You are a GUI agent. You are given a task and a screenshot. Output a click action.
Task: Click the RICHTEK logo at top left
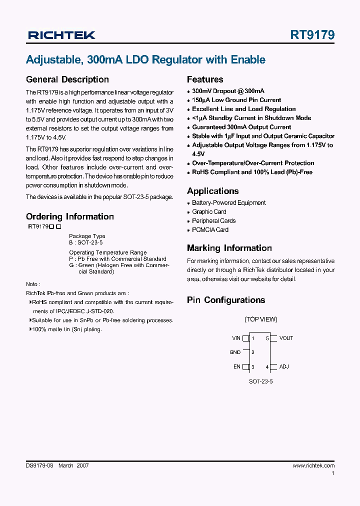[x=61, y=35]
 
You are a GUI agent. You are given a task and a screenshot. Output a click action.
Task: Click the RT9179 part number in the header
[x=312, y=35]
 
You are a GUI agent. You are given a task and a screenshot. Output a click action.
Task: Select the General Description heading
[x=67, y=79]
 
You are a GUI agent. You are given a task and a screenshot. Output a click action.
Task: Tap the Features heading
[x=205, y=79]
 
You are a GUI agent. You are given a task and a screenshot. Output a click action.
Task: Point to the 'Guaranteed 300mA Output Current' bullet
[x=241, y=127]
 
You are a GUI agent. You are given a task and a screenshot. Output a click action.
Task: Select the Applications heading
[x=212, y=191]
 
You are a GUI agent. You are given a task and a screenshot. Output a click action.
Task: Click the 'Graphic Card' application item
[x=209, y=212]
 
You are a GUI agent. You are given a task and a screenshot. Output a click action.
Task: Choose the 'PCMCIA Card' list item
[x=210, y=230]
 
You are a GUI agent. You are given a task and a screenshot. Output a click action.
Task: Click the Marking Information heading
[x=229, y=248]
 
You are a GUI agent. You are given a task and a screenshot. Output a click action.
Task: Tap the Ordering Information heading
[x=70, y=216]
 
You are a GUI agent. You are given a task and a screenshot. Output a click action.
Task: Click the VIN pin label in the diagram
[x=236, y=338]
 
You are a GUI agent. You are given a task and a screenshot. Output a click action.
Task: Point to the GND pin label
[x=235, y=352]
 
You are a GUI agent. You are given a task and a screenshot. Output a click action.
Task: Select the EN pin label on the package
[x=237, y=366]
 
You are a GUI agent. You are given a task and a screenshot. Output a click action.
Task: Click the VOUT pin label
[x=286, y=338]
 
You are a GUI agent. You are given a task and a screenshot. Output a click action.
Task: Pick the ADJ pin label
[x=284, y=366]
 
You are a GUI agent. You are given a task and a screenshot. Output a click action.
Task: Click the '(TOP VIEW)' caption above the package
[x=260, y=319]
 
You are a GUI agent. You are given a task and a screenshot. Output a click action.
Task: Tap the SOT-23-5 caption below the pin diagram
[x=261, y=381]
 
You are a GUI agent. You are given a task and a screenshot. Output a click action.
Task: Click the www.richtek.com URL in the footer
[x=313, y=465]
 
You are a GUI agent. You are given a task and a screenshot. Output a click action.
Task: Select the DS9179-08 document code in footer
[x=39, y=465]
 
